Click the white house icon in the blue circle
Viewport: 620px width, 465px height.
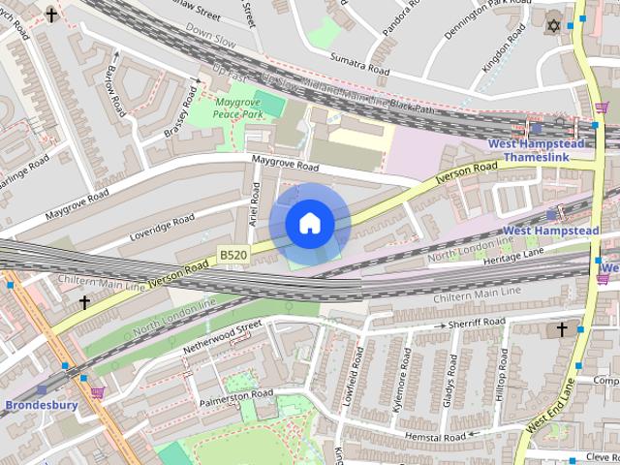click(x=310, y=224)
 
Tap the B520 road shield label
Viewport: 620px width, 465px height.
click(x=232, y=254)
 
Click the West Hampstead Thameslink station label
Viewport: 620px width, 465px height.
click(x=536, y=149)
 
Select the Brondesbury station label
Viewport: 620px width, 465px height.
click(x=41, y=404)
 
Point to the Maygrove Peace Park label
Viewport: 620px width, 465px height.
click(x=239, y=108)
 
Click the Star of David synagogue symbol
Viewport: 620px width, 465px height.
click(x=554, y=24)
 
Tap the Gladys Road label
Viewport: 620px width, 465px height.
click(x=448, y=387)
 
